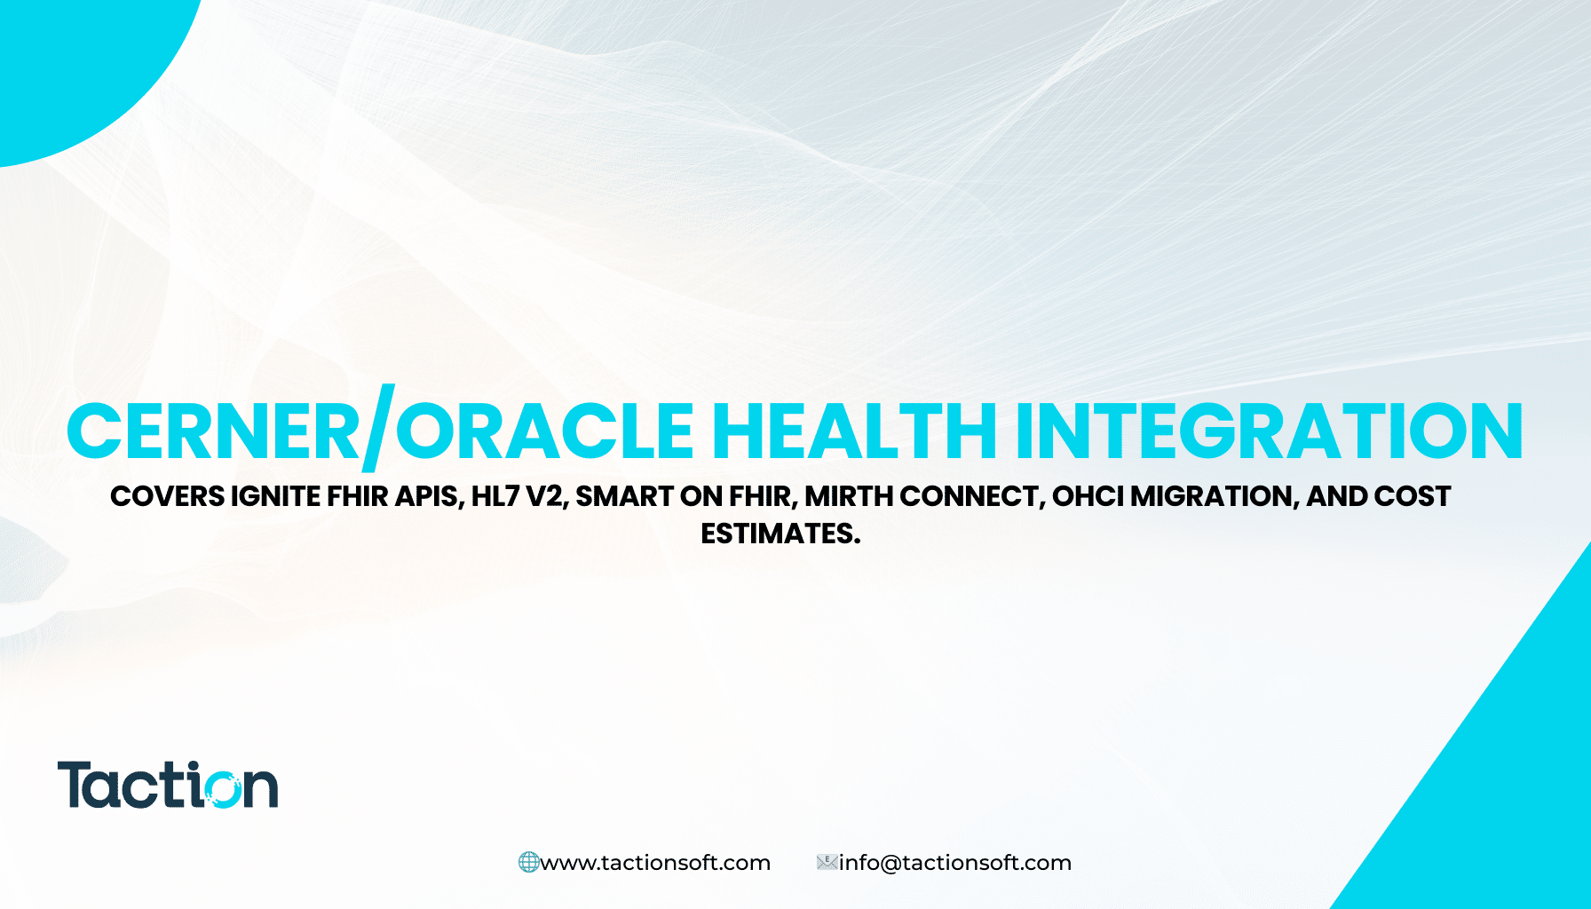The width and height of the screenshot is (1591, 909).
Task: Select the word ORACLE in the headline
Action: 543,432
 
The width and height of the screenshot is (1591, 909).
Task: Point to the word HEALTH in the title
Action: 854,432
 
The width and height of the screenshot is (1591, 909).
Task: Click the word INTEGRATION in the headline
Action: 1269,432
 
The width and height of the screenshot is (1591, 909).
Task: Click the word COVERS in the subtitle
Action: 167,496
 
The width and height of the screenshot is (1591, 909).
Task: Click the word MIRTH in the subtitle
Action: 849,496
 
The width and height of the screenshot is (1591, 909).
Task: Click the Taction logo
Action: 167,785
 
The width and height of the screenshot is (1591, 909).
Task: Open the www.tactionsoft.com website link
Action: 655,863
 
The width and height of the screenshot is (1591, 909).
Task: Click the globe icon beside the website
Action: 528,862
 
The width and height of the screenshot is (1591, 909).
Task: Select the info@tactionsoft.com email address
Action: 955,863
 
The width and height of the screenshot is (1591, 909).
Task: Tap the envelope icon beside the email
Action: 827,862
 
